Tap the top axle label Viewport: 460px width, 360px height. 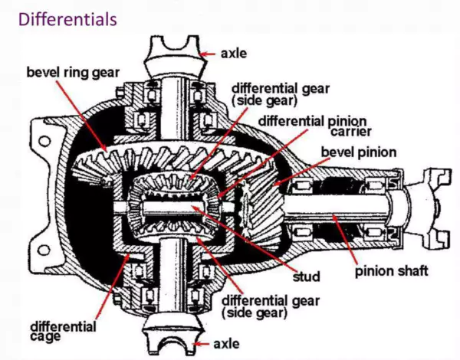click(235, 54)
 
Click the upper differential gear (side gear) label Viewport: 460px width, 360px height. click(272, 93)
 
